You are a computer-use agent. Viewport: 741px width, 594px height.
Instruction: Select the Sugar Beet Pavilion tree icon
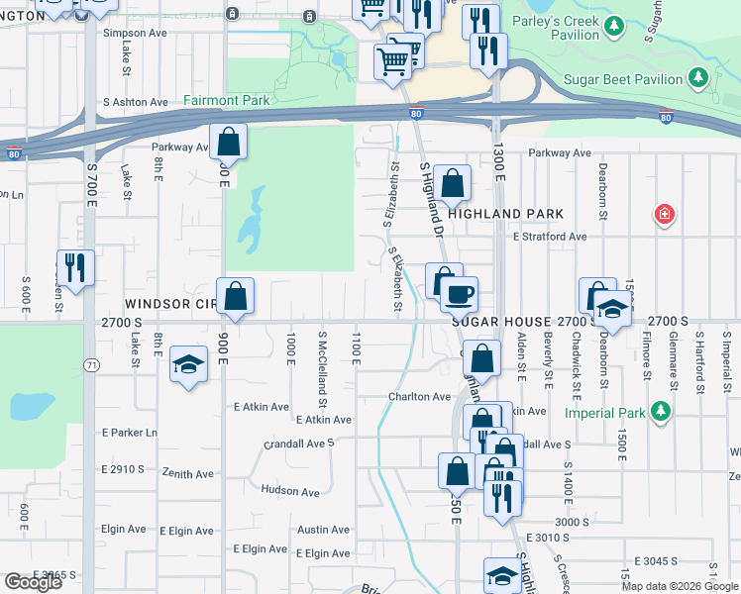coord(698,78)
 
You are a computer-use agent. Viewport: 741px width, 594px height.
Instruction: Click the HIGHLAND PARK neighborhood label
coord(505,214)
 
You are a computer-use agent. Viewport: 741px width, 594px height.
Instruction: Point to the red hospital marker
coord(664,214)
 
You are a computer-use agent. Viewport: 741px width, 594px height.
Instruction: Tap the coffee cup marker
coord(459,295)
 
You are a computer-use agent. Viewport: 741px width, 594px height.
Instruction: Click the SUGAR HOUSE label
coord(501,323)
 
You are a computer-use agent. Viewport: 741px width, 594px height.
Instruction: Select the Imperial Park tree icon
coord(659,412)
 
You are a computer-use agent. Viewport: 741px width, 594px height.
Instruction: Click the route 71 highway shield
coord(92,365)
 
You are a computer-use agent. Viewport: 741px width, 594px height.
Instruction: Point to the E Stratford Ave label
coord(550,237)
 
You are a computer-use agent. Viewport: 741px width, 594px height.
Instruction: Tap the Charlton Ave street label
coord(419,397)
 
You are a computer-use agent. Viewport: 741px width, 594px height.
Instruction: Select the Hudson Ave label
coord(290,491)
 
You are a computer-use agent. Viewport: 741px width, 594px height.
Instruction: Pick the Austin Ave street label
coord(324,530)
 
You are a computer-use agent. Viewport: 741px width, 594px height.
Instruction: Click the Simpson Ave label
coord(136,33)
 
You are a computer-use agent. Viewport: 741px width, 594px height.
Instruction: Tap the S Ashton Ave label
coord(135,102)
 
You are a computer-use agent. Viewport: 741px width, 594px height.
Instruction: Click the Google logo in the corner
coord(33,582)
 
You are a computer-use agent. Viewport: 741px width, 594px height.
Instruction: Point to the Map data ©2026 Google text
coord(679,586)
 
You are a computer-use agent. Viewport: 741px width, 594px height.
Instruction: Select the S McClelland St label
coord(322,369)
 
